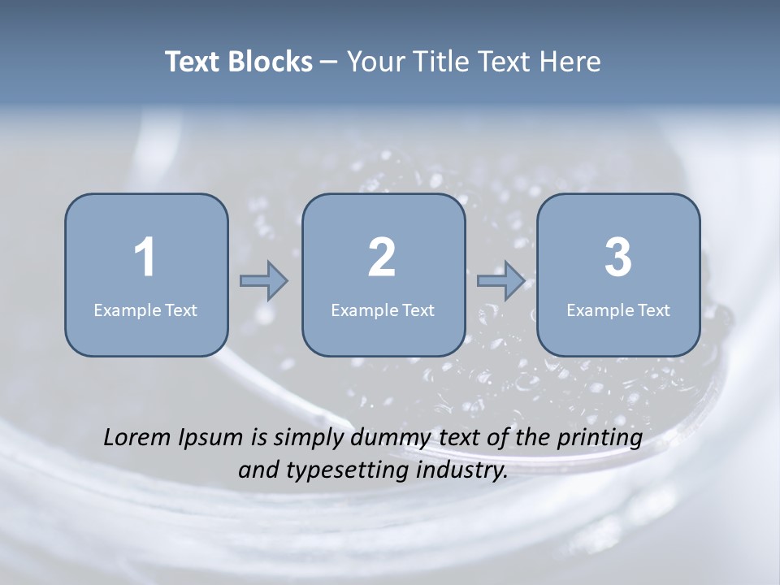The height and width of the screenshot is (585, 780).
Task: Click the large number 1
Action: point(145,258)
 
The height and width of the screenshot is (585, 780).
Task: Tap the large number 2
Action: point(382,258)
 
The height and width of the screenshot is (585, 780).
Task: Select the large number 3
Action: point(618,258)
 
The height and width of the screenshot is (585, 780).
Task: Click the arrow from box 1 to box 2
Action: point(264,281)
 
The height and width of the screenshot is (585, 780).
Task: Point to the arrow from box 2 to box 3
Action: point(500,281)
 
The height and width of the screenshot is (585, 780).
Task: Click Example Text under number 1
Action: point(145,310)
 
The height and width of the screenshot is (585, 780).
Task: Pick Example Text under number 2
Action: point(383,310)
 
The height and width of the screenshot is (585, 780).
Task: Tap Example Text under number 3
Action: point(618,310)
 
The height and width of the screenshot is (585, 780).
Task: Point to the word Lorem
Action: point(139,437)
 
